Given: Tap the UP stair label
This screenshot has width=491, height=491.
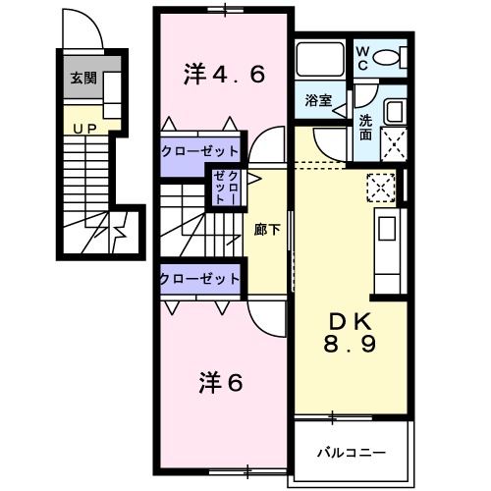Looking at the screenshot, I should point(82,128).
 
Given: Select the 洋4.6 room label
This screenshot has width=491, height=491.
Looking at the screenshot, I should point(224,74).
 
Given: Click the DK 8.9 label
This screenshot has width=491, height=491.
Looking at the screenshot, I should point(351,333).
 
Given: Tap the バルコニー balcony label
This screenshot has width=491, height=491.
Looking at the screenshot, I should point(351,453).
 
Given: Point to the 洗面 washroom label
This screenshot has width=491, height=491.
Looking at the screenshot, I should point(364,128).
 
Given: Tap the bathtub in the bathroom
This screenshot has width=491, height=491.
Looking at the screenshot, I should point(318,62).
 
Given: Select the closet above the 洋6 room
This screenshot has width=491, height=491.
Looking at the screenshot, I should point(200,279).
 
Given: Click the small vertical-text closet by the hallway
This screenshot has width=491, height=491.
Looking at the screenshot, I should point(225,187).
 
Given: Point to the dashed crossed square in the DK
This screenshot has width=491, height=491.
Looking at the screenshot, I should point(379,187).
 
